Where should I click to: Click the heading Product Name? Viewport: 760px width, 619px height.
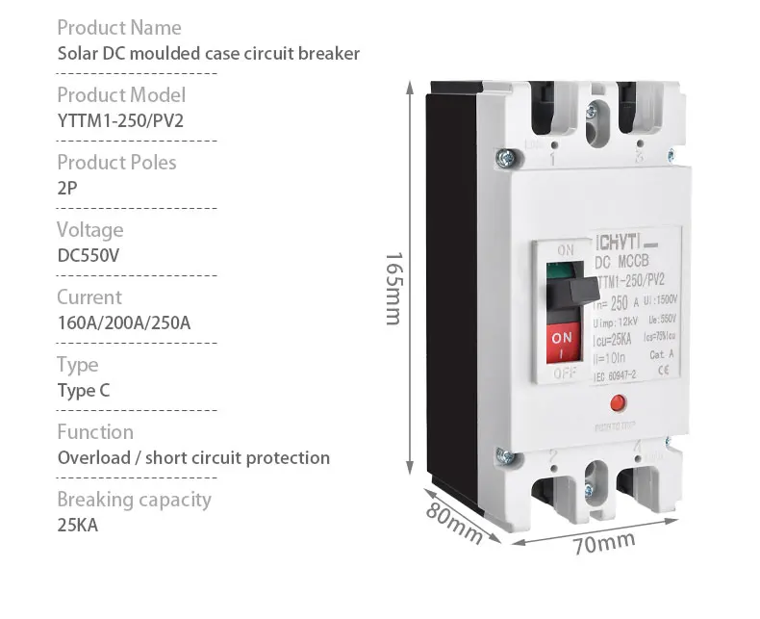[x=118, y=27]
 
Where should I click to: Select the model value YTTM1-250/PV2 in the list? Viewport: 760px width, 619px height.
[x=120, y=120]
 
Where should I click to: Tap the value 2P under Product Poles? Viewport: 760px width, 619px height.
[x=67, y=188]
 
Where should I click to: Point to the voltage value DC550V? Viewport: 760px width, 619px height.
[x=89, y=255]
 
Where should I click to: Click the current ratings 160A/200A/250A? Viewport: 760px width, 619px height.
[x=123, y=322]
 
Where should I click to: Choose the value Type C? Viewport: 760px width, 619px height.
[x=83, y=390]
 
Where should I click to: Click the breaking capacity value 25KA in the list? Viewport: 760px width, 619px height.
[x=78, y=525]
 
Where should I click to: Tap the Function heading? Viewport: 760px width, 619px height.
[x=94, y=431]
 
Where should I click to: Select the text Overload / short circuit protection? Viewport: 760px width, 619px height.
[x=193, y=457]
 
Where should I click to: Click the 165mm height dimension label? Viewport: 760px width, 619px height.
[x=392, y=289]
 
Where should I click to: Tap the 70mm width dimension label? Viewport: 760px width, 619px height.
[x=603, y=544]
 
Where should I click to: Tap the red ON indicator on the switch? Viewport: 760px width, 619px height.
[x=564, y=339]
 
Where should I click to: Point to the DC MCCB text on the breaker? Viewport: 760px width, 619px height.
[x=623, y=262]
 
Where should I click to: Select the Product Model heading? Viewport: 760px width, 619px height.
[x=120, y=94]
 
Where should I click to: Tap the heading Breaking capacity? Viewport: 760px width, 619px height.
[x=133, y=499]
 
